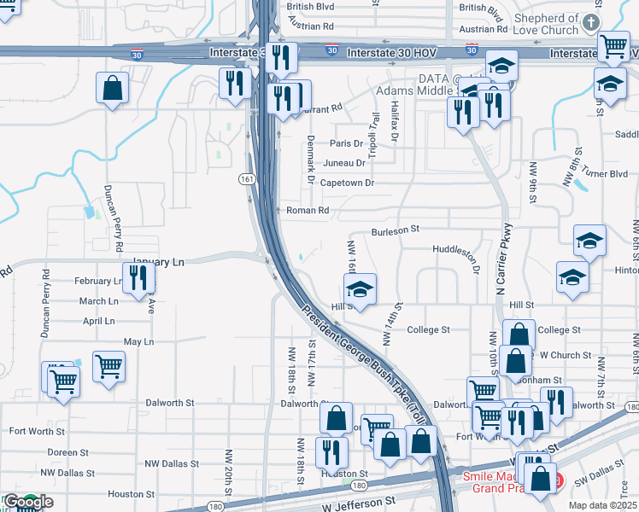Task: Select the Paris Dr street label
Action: [347, 143]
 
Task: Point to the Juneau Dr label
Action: [344, 163]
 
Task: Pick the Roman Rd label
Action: [308, 210]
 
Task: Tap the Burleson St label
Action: [396, 230]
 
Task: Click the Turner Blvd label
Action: [607, 174]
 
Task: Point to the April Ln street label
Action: [99, 321]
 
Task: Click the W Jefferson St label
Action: [361, 505]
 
